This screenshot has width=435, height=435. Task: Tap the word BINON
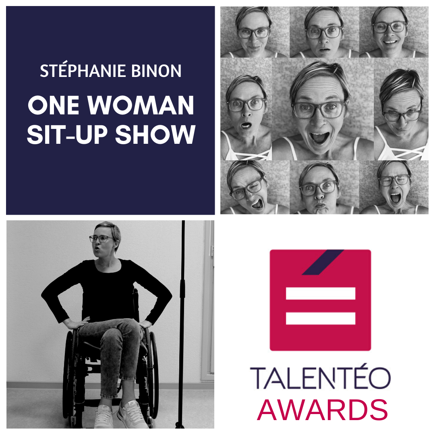[x=156, y=71]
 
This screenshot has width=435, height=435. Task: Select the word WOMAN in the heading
[x=141, y=105]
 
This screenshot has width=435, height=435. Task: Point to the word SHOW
[x=155, y=135]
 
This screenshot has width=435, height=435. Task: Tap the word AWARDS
[x=322, y=410]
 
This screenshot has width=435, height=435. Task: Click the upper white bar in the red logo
[x=321, y=294]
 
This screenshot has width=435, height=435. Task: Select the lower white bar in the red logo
[x=321, y=318]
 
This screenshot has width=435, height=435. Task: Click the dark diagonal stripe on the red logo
[x=323, y=262]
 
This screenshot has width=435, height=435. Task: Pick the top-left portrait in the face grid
[x=255, y=32]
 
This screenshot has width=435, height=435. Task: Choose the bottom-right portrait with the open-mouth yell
[x=394, y=187]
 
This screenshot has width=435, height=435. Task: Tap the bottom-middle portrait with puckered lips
[x=324, y=187]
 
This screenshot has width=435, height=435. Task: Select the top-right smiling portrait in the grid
[x=394, y=32]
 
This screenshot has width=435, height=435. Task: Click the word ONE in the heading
[x=54, y=105]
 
